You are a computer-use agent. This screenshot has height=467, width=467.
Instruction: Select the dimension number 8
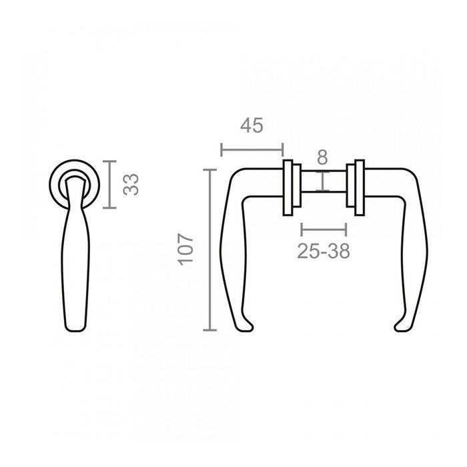[x=322, y=157]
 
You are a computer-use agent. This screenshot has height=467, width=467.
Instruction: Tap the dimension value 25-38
[x=324, y=251]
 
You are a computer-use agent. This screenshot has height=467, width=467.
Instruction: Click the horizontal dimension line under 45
[x=252, y=149]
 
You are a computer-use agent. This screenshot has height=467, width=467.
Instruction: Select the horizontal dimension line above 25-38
[x=324, y=230]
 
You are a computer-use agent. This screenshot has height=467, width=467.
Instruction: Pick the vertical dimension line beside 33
[x=111, y=184]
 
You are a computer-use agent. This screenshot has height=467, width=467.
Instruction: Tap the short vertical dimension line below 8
[x=323, y=181]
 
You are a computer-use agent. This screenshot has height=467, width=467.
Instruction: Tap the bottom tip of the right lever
[x=402, y=326]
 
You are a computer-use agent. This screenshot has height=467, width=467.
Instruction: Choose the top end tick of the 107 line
[x=211, y=170]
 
